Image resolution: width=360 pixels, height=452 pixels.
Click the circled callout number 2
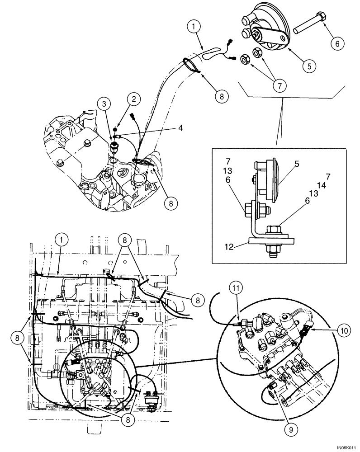tap(133, 98)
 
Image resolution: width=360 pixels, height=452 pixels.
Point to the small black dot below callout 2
tap(116, 128)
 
